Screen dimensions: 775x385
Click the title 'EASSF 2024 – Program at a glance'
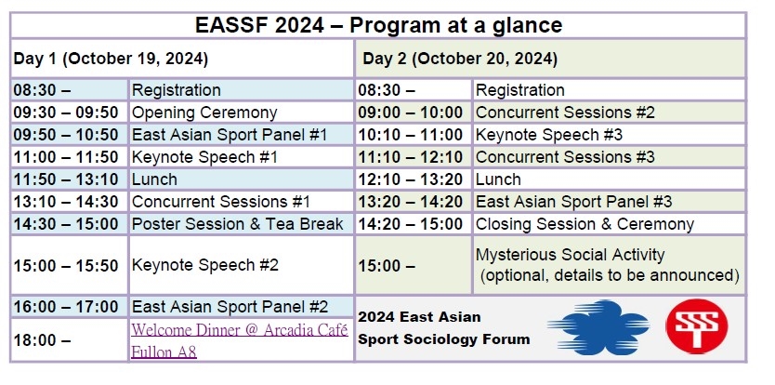pos(378,25)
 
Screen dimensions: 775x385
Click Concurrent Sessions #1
pos(221,202)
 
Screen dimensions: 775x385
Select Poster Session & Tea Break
pos(237,224)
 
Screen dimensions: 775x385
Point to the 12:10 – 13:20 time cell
pos(410,179)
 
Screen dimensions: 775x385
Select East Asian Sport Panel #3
pos(573,202)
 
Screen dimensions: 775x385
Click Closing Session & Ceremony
pos(585,224)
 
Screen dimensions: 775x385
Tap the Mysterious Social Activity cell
pos(608,265)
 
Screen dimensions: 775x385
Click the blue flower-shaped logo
pos(598,327)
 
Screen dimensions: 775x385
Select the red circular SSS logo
pos(696,326)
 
